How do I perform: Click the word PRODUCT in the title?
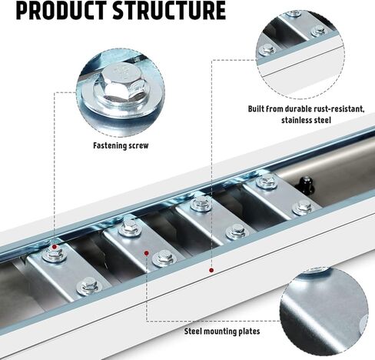pos(61,10)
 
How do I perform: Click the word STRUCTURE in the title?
pos(169,10)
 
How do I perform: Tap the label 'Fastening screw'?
pos(121,145)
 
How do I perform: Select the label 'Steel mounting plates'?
pos(222,332)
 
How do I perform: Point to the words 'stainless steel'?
pos(306,120)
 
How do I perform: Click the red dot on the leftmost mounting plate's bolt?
pos(55,247)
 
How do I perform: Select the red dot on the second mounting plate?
pos(147,253)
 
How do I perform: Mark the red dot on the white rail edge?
pos(211,270)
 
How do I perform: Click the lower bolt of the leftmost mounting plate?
pos(88,286)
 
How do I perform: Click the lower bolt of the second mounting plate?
pos(163,258)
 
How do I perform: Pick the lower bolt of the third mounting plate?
pos(237,231)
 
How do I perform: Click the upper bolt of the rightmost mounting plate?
pos(267,181)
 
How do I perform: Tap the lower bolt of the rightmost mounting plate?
pos(302,207)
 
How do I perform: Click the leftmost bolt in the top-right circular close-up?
pos(266,50)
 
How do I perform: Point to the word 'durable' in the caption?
pos(287,109)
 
